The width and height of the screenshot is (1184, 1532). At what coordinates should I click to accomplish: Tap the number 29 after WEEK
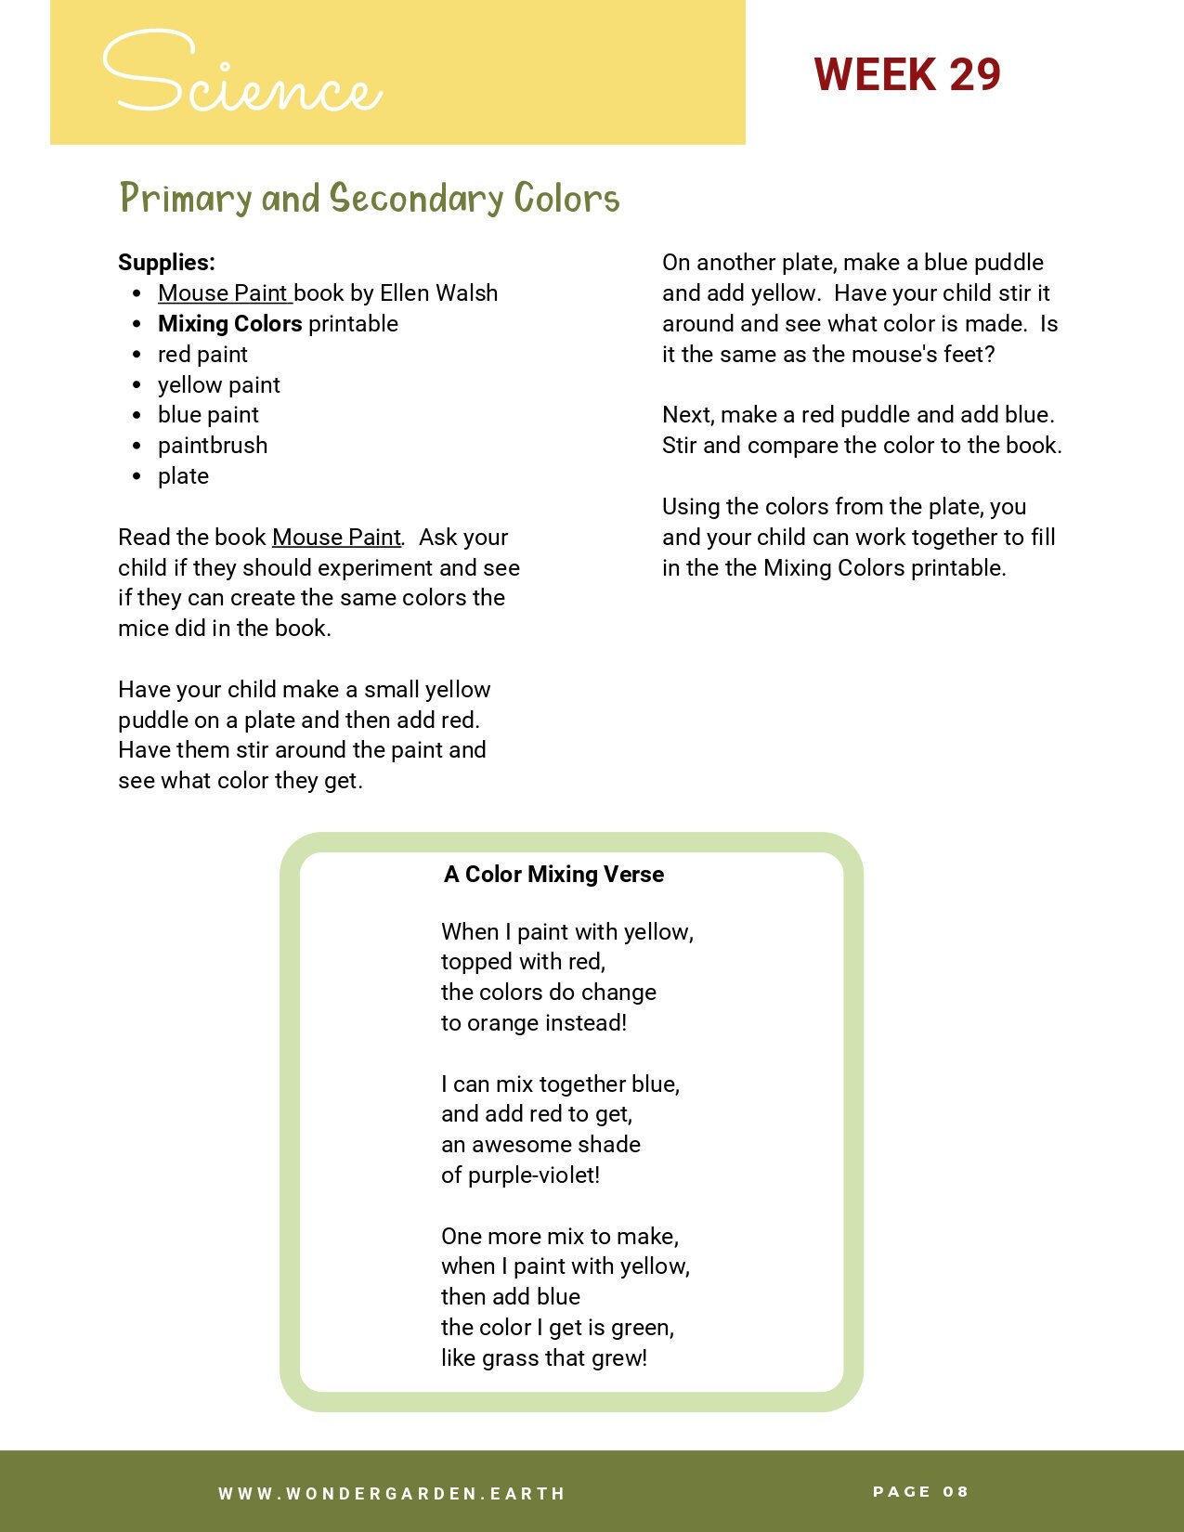pyautogui.click(x=974, y=74)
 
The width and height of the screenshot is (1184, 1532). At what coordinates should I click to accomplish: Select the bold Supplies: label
pyautogui.click(x=166, y=263)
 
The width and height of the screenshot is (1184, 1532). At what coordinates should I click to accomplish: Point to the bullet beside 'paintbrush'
pyautogui.click(x=137, y=447)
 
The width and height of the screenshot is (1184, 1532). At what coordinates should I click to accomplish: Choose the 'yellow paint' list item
pyautogui.click(x=218, y=385)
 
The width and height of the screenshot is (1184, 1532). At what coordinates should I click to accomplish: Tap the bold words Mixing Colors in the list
pyautogui.click(x=229, y=324)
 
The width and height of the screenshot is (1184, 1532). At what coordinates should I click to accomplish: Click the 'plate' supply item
pyautogui.click(x=183, y=476)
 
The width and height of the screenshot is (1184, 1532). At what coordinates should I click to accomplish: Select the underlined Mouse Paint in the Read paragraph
pyautogui.click(x=336, y=538)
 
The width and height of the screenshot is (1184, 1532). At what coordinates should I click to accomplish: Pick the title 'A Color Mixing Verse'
pyautogui.click(x=553, y=875)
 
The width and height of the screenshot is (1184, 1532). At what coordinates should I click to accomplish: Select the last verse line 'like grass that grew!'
pyautogui.click(x=544, y=1358)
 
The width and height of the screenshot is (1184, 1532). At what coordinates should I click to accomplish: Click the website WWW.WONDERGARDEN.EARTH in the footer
pyautogui.click(x=392, y=1494)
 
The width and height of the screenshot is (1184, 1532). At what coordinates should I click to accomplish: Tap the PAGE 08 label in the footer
pyautogui.click(x=920, y=1492)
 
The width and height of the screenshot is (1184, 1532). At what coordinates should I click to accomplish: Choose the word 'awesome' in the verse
pyautogui.click(x=514, y=1145)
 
